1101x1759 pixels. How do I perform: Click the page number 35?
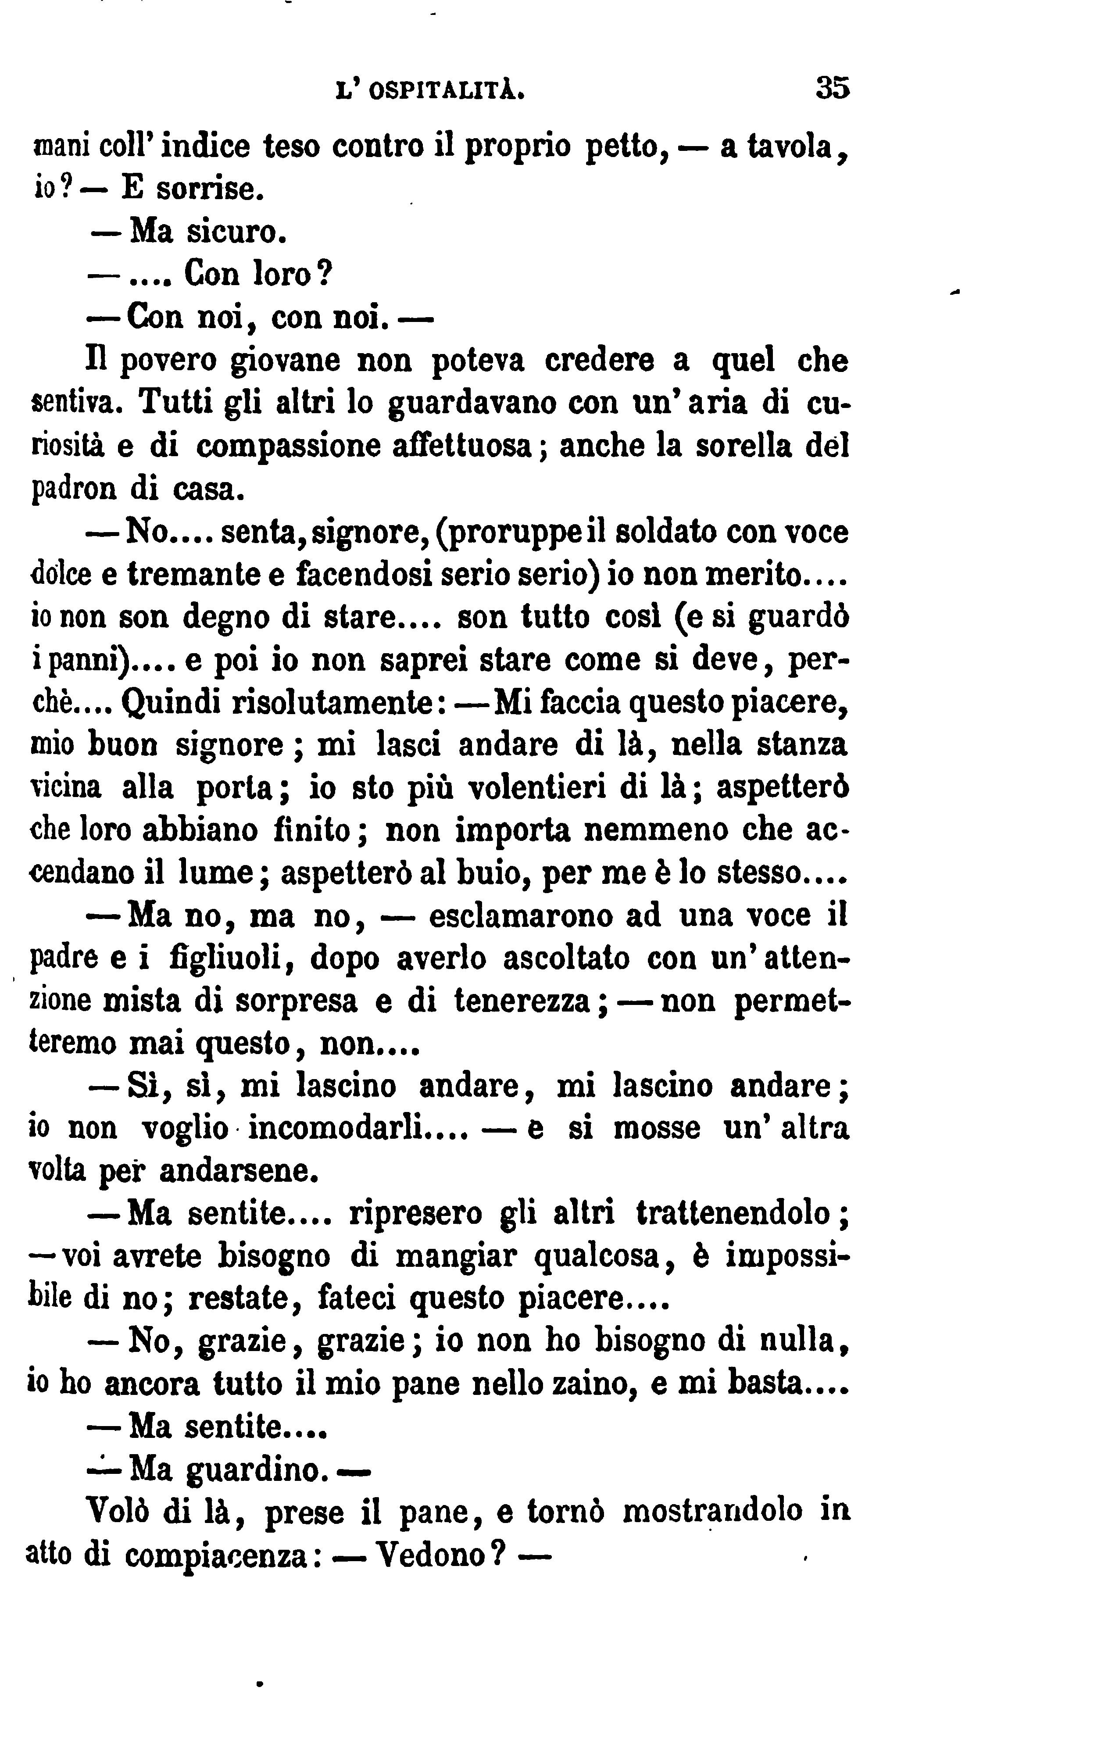pos(832,88)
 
